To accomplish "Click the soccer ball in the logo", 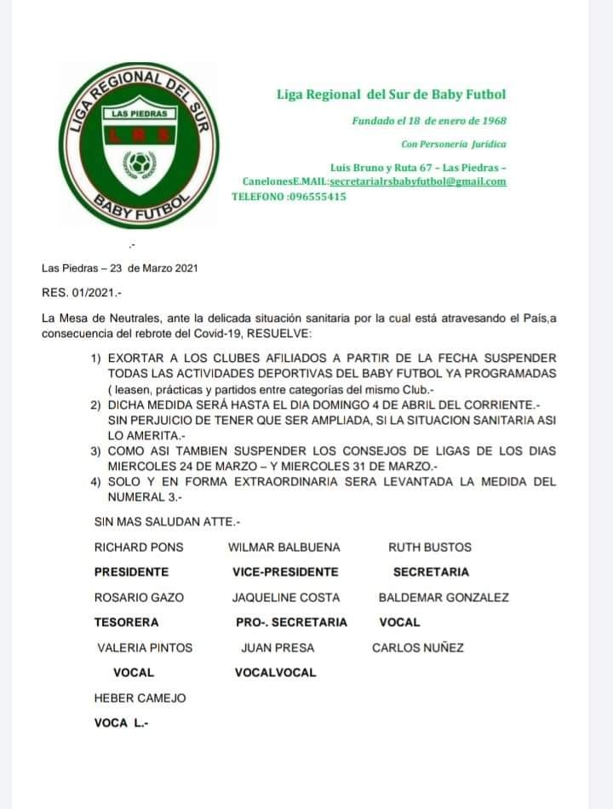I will pyautogui.click(x=137, y=161).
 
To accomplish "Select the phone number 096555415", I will pyautogui.click(x=317, y=196).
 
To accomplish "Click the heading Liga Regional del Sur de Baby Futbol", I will pyautogui.click(x=392, y=95).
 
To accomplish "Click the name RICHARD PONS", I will pyautogui.click(x=139, y=548).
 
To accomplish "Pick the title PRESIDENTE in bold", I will pyautogui.click(x=131, y=572).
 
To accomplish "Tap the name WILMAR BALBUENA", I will pyautogui.click(x=284, y=548).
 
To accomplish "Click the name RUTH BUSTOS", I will pyautogui.click(x=429, y=548).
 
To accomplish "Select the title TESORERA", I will pyautogui.click(x=126, y=623).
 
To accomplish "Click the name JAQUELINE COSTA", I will pyautogui.click(x=286, y=598).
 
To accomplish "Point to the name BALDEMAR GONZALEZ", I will pyautogui.click(x=444, y=598).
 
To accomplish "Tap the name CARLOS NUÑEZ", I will pyautogui.click(x=418, y=648).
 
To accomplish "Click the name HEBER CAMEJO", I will pyautogui.click(x=140, y=698).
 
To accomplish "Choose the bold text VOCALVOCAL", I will pyautogui.click(x=275, y=673).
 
